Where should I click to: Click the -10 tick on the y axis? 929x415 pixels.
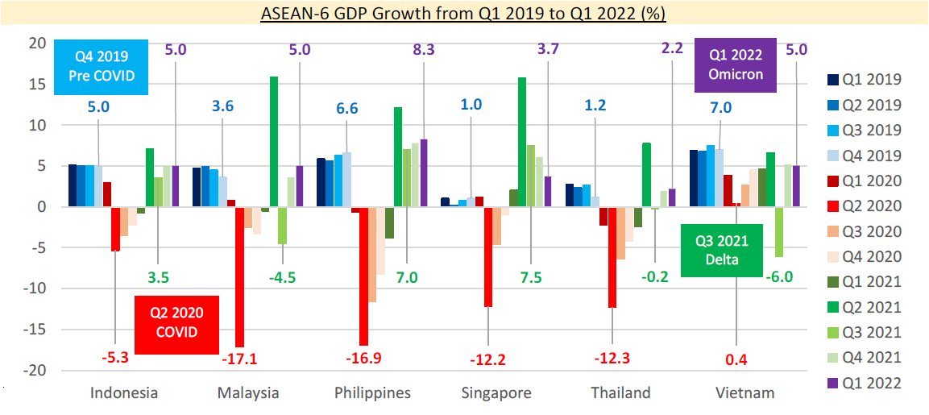(35, 288)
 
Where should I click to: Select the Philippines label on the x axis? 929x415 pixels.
(373, 393)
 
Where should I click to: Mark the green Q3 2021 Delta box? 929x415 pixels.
(720, 250)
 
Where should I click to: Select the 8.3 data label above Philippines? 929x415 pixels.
(424, 49)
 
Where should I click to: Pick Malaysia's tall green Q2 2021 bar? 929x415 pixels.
(274, 141)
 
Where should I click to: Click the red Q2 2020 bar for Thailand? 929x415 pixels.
(612, 257)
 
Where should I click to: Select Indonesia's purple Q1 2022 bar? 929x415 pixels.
(176, 186)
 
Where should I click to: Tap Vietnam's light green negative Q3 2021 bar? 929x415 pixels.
(778, 231)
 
